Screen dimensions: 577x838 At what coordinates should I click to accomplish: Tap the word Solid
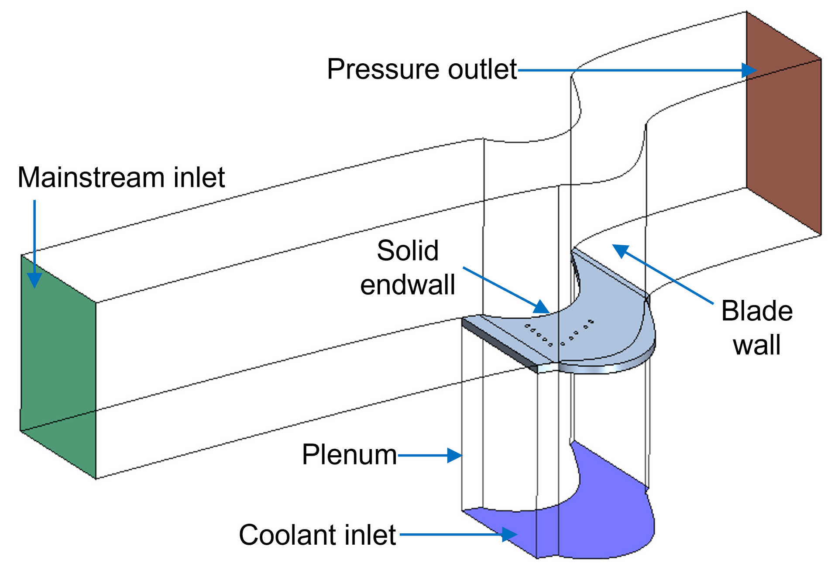click(x=408, y=251)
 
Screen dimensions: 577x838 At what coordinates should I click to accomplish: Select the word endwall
click(x=408, y=285)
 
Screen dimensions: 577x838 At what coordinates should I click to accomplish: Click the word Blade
click(x=757, y=311)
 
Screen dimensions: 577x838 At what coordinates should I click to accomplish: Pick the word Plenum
click(x=349, y=455)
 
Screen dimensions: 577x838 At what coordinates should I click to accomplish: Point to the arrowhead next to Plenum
click(x=455, y=455)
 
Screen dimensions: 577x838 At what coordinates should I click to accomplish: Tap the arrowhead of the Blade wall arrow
click(x=620, y=251)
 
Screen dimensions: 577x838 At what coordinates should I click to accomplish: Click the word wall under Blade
click(x=757, y=345)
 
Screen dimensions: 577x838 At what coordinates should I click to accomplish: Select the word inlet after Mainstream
click(x=199, y=178)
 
